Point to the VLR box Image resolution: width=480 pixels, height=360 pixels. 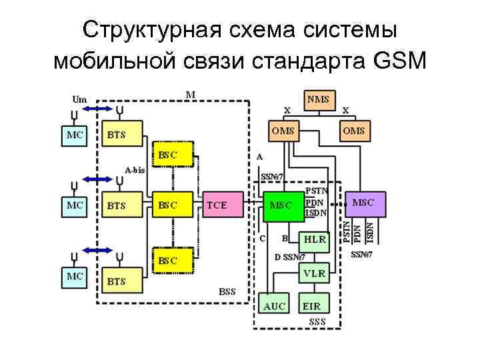click(315, 274)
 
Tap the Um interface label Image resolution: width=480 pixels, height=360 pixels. click(79, 98)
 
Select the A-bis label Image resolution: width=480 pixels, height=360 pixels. click(135, 170)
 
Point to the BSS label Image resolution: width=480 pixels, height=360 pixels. click(227, 292)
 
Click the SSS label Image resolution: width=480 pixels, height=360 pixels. click(317, 321)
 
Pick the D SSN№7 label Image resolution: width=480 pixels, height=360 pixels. click(290, 257)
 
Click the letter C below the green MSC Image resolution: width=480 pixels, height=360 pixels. click(262, 237)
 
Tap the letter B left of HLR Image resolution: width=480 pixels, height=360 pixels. click(285, 237)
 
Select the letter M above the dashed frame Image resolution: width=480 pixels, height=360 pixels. click(190, 95)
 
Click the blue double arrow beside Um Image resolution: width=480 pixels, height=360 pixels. click(99, 109)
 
